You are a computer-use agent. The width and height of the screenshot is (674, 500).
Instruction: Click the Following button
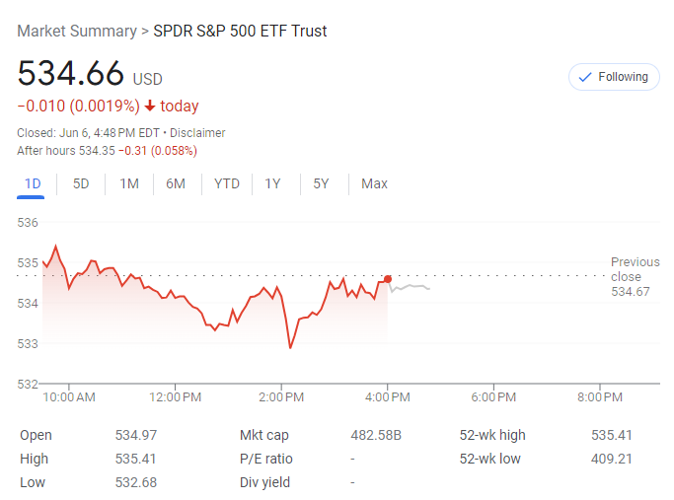[614, 77]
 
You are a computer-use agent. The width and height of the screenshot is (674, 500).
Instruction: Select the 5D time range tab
[81, 183]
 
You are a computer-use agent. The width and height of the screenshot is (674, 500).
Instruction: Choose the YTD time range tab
[227, 183]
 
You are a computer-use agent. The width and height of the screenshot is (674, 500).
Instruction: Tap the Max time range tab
[374, 183]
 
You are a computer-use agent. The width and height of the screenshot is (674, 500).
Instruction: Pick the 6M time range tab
[176, 183]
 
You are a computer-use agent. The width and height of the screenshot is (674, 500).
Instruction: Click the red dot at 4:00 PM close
[388, 279]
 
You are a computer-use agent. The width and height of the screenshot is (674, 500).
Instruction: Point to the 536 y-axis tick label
[28, 223]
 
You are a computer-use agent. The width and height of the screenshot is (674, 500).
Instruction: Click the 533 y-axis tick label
[28, 343]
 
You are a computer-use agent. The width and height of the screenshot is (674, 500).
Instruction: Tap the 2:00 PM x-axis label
[281, 397]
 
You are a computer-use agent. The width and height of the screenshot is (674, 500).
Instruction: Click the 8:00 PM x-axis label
[600, 397]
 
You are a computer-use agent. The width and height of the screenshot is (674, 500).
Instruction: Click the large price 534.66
[71, 74]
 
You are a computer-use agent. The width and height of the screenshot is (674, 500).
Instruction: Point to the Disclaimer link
[197, 133]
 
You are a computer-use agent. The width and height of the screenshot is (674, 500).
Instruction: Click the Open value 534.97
[136, 435]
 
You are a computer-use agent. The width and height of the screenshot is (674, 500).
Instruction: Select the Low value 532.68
[136, 482]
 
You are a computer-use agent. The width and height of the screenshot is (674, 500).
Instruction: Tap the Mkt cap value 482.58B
[376, 435]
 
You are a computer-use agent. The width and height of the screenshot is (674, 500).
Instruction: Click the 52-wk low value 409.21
[612, 459]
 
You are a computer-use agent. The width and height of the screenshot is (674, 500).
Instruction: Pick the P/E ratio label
[266, 459]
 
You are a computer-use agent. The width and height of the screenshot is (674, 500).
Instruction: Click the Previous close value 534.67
[631, 292]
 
